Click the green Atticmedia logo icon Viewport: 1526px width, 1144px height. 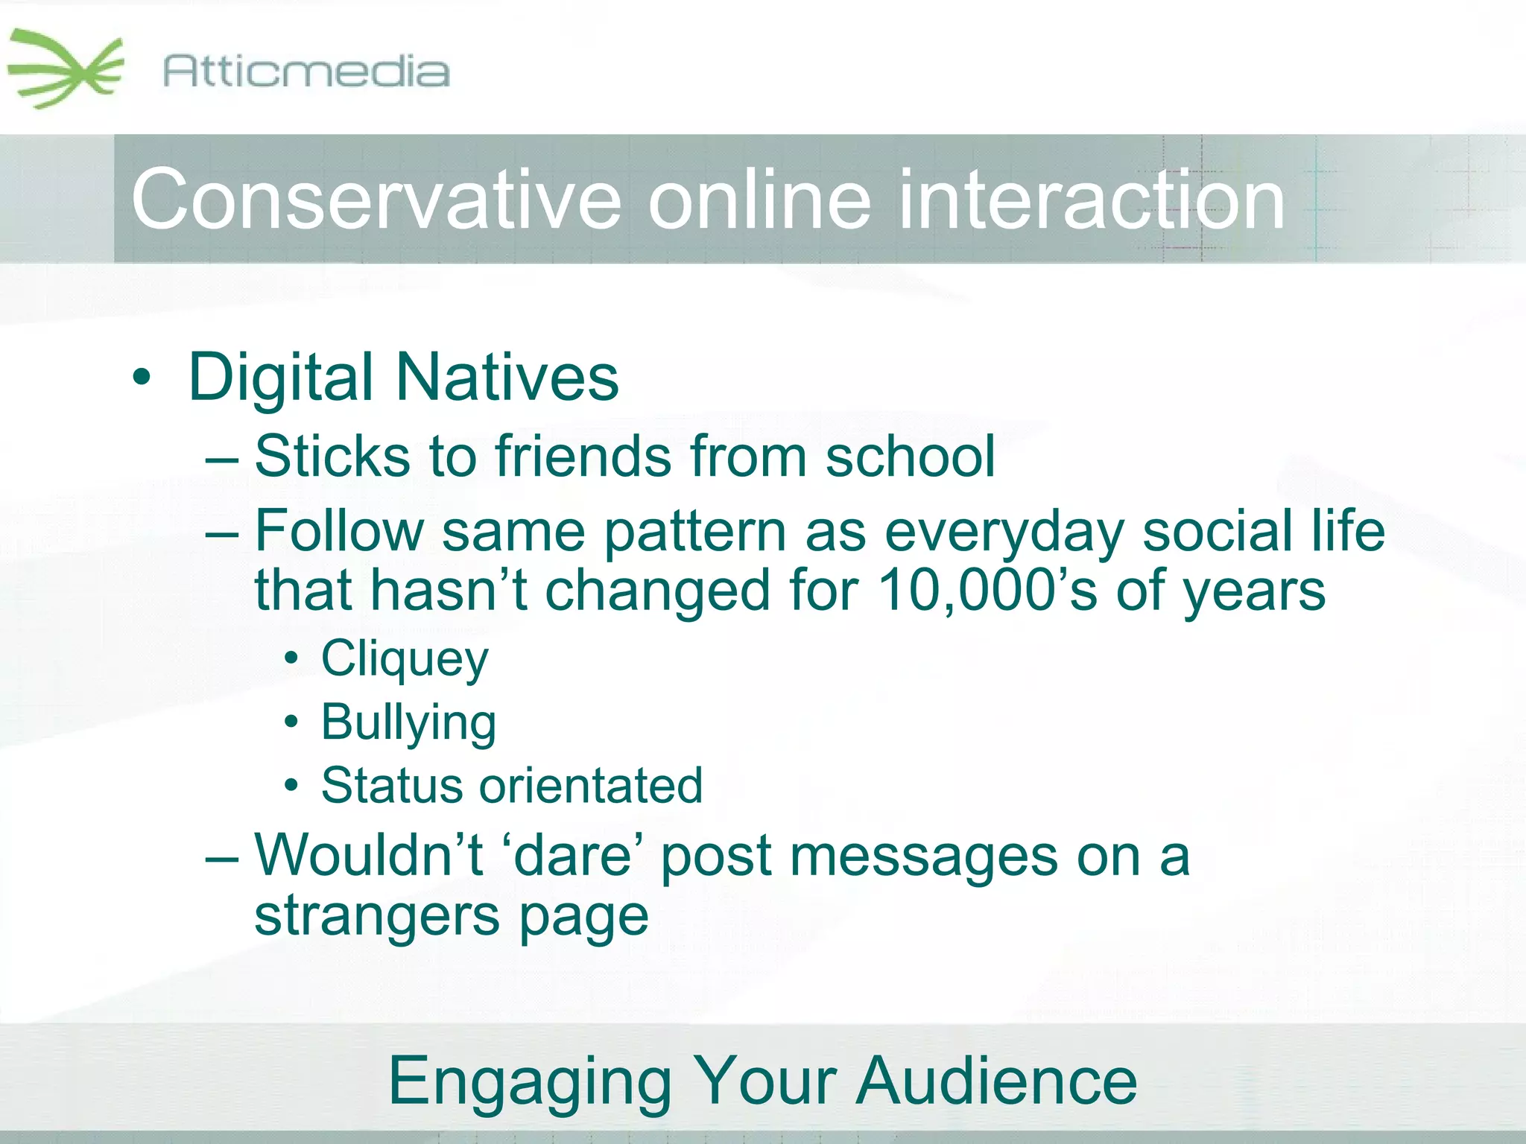click(x=65, y=69)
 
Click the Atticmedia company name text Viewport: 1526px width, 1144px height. click(x=306, y=72)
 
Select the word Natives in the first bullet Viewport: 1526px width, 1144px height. click(x=507, y=378)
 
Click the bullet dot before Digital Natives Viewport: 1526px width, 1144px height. click(x=141, y=378)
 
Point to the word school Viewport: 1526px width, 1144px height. click(x=910, y=456)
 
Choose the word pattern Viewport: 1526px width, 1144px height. click(x=695, y=532)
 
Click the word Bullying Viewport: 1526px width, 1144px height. click(x=408, y=723)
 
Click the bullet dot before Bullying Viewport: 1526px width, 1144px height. click(x=292, y=722)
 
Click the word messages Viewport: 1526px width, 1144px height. click(x=923, y=857)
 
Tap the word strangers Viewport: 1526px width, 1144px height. click(x=377, y=916)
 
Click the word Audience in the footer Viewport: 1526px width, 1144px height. click(x=996, y=1081)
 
